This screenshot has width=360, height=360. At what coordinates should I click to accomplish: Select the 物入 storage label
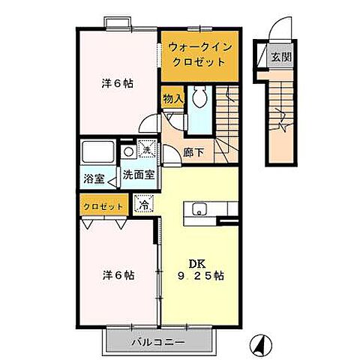point(171,98)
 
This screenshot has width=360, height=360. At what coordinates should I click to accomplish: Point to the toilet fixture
point(199,97)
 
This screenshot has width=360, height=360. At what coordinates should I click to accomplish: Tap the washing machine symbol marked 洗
point(147,151)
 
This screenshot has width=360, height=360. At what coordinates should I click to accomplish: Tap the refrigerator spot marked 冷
point(142,203)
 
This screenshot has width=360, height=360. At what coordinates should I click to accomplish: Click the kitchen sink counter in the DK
point(199,209)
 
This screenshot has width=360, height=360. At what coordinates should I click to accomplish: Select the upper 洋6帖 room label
point(117,84)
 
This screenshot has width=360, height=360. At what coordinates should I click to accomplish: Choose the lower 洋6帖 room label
point(118,275)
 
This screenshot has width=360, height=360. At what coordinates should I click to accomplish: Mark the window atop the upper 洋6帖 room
point(119,24)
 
